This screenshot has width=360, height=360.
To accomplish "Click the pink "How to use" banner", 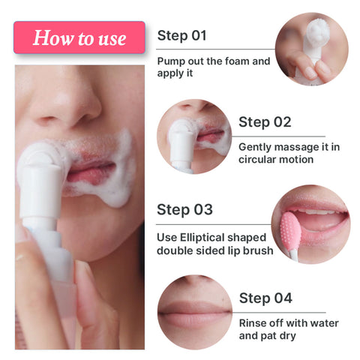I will tap(79, 37).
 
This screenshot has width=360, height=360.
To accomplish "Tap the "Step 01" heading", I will tap(181, 35).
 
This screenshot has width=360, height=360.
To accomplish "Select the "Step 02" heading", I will tap(265, 121).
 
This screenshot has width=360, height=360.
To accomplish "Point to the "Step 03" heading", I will tap(184, 209).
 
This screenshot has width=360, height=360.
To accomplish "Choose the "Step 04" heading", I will tap(265, 298).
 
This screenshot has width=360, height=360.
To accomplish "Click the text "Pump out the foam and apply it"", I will tap(213, 67).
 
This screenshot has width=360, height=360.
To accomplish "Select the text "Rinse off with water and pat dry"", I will tap(289, 329).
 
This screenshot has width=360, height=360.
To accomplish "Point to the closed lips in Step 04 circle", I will tap(192, 310).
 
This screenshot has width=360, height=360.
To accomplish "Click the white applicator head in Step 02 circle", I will tap(181, 135).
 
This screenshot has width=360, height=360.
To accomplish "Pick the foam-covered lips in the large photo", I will tap(94, 169).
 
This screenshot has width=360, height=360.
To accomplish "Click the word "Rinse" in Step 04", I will tap(254, 323).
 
